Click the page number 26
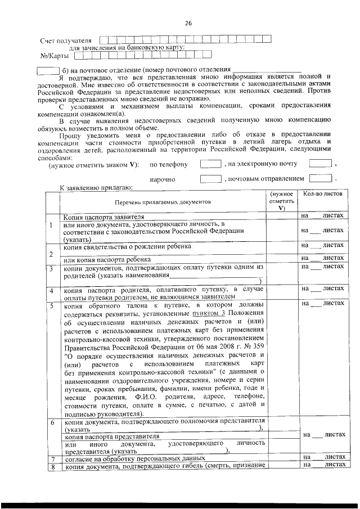click(x=188, y=23)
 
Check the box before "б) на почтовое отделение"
click(x=47, y=70)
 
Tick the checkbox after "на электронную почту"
click(x=321, y=164)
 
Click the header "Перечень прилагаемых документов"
click(x=163, y=201)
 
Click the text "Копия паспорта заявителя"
click(x=103, y=216)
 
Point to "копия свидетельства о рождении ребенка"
click(x=127, y=246)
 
